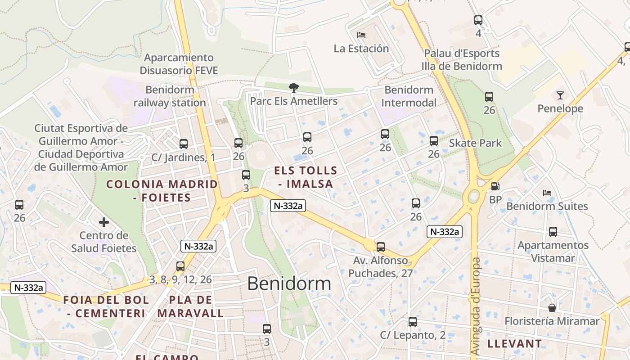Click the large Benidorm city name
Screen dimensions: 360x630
coord(289,283)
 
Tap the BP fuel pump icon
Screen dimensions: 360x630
coord(495,186)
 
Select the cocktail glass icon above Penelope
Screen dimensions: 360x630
coord(560,95)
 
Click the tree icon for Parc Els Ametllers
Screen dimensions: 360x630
coord(294,87)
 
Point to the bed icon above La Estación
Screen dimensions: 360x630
coord(361,35)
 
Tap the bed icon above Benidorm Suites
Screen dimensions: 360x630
coord(547,193)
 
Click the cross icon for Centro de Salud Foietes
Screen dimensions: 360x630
coord(104,222)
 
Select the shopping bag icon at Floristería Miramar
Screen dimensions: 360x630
coord(552,308)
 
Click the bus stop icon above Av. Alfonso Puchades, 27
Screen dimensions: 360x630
coord(381,247)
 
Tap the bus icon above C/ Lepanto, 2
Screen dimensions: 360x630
coord(413,322)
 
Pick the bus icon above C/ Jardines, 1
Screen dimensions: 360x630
coord(183,144)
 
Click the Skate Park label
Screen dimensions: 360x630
coord(475,143)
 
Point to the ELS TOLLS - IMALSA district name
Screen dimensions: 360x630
coord(306,177)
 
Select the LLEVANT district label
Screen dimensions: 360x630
coord(514,344)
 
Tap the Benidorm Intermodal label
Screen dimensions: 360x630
coord(409,96)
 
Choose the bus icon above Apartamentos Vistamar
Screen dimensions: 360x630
coord(553,232)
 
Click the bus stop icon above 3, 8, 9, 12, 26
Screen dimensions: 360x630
coord(180,266)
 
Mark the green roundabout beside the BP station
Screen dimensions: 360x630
coord(473,197)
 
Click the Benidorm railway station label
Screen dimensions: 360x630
coord(169,96)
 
